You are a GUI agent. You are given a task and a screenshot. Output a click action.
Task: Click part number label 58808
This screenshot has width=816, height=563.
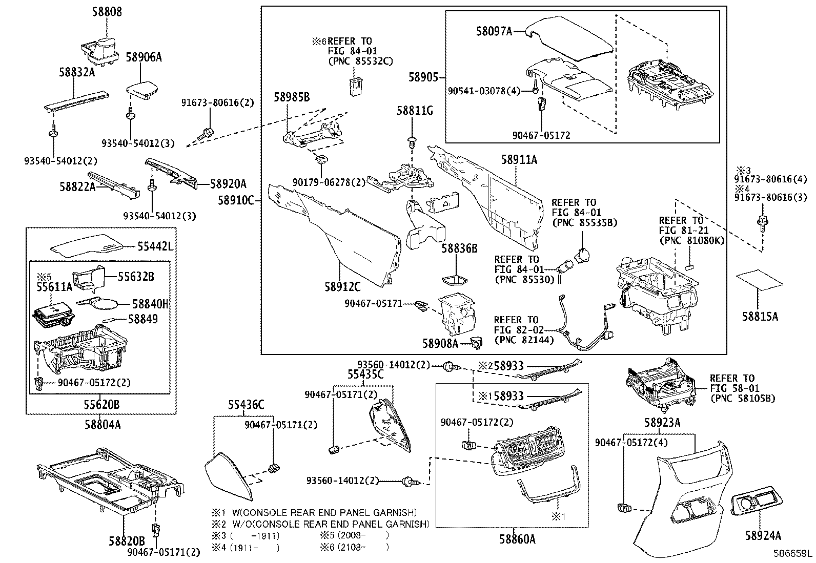(107, 11)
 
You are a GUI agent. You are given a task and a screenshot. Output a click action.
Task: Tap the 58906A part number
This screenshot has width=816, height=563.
(144, 57)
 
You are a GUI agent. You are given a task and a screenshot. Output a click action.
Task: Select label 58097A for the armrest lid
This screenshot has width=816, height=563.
(494, 31)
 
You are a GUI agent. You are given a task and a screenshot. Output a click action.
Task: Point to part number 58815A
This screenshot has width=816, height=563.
(760, 317)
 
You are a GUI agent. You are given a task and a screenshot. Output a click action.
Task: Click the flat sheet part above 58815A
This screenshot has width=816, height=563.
(760, 280)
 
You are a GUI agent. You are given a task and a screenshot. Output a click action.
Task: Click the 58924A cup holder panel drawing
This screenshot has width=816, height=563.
(757, 501)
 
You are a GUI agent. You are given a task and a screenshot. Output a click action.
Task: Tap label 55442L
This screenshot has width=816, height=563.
(155, 247)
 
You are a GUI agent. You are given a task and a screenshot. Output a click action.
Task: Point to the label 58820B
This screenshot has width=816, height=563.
(126, 541)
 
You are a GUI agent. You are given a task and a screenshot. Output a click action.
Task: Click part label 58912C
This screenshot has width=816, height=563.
(342, 287)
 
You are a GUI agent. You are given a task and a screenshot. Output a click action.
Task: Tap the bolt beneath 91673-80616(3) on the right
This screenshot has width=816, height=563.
(762, 221)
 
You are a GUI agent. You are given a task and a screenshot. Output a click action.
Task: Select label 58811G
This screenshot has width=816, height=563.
(415, 110)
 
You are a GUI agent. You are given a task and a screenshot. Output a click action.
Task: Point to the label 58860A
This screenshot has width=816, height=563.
(518, 539)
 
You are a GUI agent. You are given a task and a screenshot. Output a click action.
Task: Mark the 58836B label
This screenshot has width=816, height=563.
(459, 249)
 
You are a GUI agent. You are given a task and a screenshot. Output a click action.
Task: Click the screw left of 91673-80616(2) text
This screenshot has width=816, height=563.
(206, 134)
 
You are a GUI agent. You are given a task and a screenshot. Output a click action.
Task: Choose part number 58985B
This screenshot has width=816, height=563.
(291, 97)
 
